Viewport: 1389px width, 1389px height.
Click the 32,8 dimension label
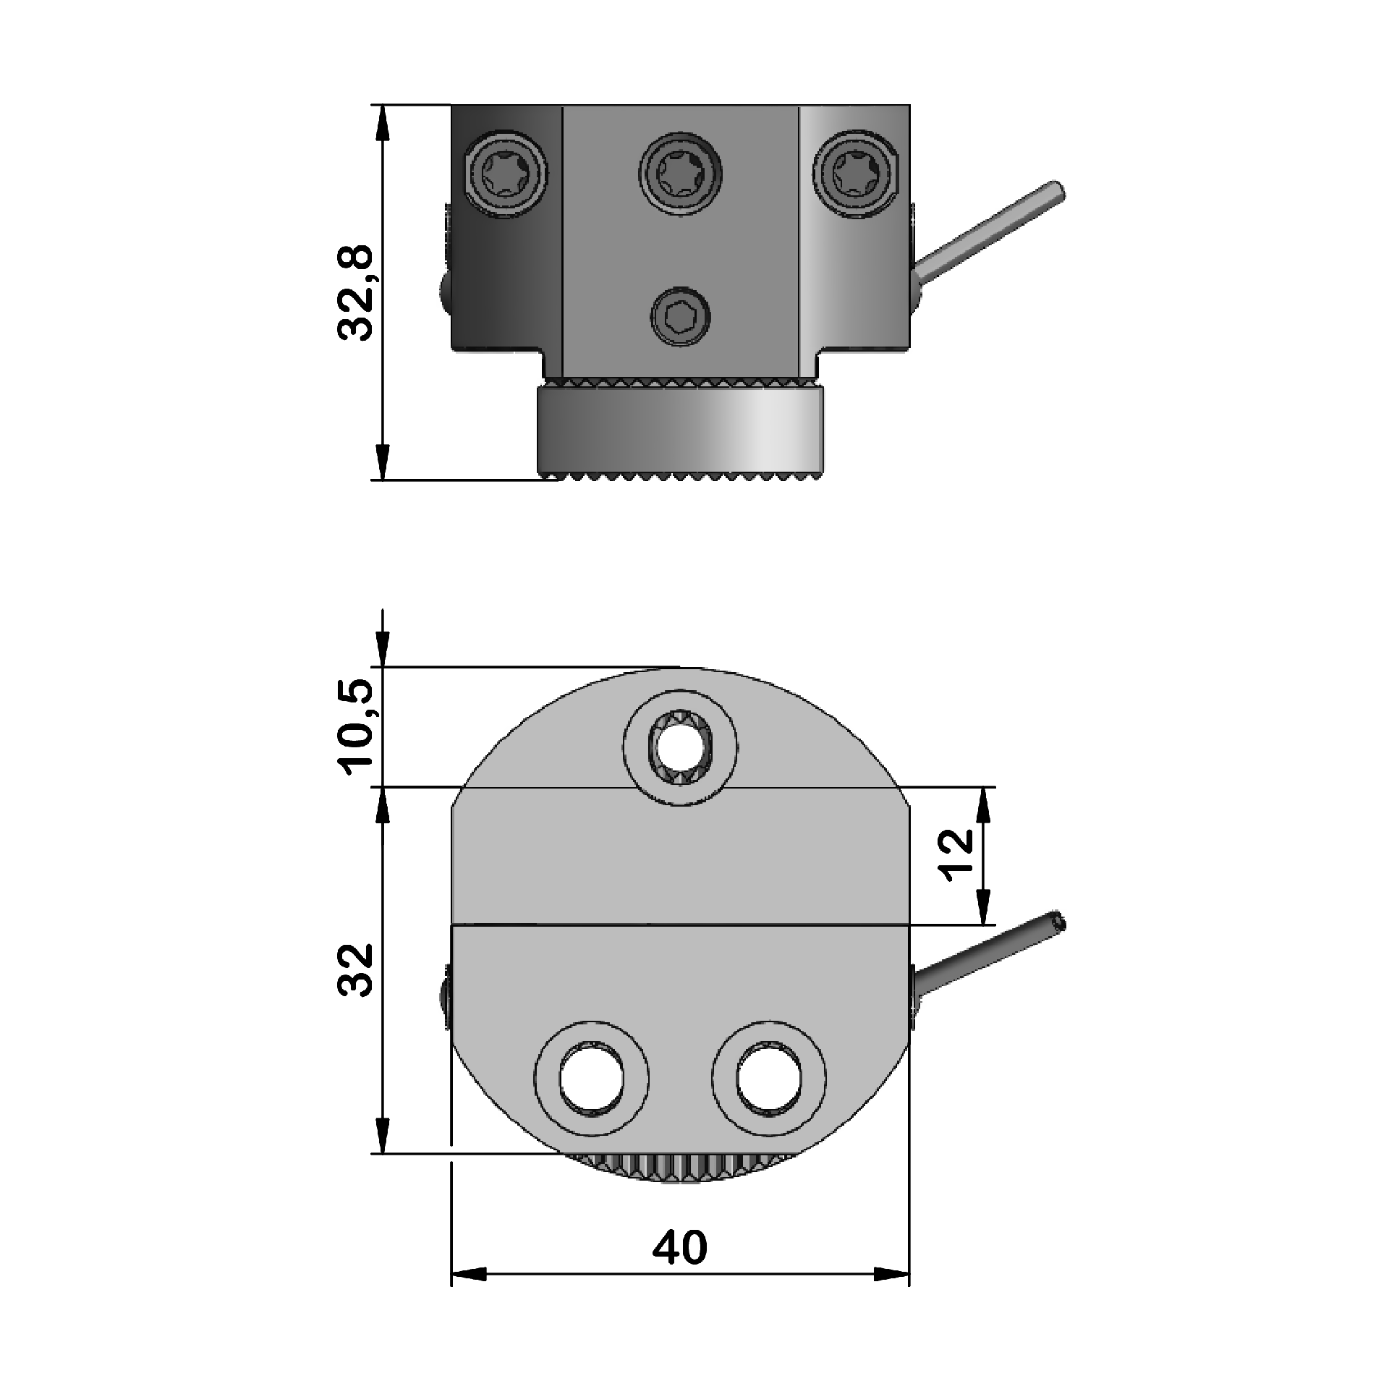[x=355, y=292]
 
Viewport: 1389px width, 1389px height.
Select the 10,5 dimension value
[x=356, y=728]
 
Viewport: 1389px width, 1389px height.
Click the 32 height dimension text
[x=355, y=969]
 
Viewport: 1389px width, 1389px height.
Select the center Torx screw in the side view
[x=680, y=174]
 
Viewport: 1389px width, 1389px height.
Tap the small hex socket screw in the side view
[x=680, y=316]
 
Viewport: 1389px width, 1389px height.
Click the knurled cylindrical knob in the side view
[x=680, y=430]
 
